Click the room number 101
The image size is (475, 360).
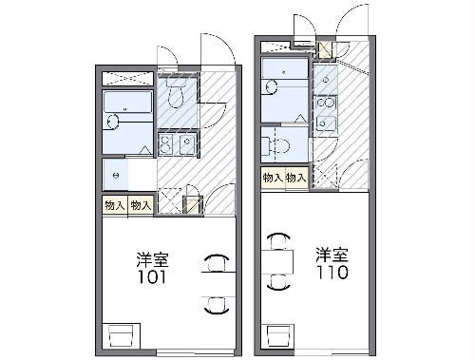153,277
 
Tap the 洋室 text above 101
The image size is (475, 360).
153,258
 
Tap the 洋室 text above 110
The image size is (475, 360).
332,254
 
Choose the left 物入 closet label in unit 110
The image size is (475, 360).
273,178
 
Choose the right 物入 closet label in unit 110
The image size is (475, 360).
295,178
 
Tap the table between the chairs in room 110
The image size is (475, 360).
277,259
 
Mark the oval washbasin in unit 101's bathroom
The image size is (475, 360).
114,121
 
